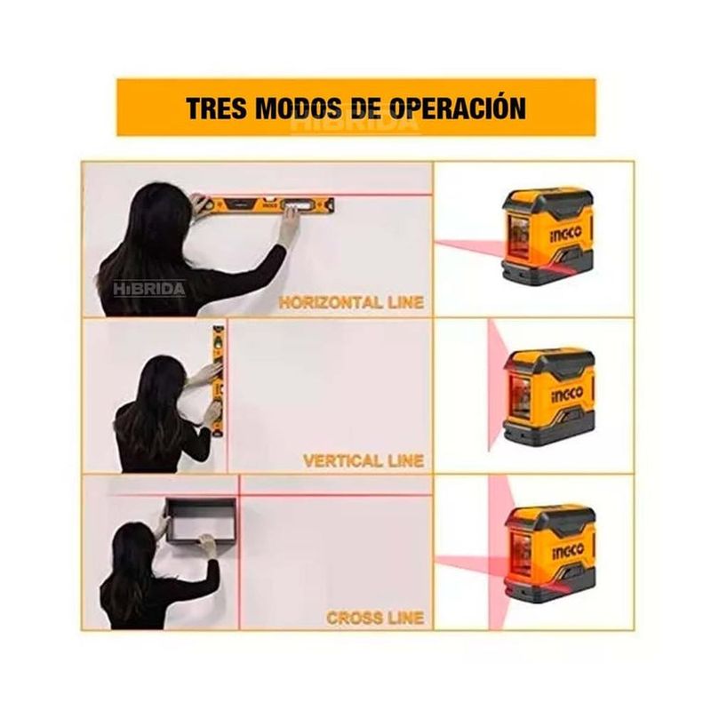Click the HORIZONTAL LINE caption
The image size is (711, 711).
tap(351, 301)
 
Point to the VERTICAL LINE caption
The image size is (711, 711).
tap(363, 460)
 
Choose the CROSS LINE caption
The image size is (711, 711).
tap(375, 618)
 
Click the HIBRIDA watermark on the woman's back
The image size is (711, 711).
tap(149, 289)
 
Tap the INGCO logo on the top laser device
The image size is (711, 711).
tap(565, 232)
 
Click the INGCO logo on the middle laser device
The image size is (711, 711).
tap(567, 393)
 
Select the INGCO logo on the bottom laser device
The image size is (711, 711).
tap(568, 551)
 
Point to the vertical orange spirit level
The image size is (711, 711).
tap(219, 381)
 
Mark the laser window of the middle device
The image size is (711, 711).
tap(522, 395)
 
